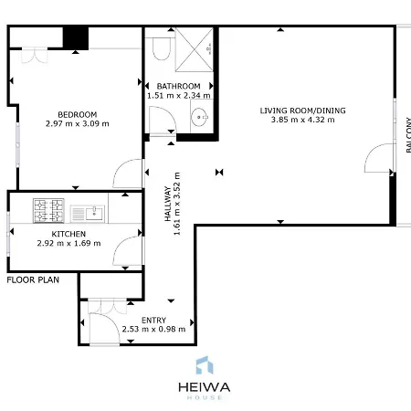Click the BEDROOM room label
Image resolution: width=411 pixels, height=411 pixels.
(78, 115)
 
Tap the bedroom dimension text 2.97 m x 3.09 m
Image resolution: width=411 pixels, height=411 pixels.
(78, 123)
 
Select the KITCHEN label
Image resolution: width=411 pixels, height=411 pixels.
(68, 234)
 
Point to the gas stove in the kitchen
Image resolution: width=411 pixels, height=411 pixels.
(48, 211)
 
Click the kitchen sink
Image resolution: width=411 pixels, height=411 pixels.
(88, 214)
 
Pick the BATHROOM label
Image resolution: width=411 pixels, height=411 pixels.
(179, 86)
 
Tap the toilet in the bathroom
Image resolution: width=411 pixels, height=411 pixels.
(161, 48)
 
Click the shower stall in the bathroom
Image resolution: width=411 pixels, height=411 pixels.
(195, 50)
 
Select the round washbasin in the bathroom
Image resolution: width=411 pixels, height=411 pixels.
(199, 117)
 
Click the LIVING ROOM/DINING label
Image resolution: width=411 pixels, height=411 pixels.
(303, 111)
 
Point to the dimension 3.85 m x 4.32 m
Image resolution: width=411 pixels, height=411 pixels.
(303, 120)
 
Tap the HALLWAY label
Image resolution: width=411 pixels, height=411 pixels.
(168, 204)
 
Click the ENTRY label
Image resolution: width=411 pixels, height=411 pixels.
(153, 321)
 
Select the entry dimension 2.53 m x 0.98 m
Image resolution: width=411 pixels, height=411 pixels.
(153, 329)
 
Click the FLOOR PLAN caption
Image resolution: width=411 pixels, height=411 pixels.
(33, 280)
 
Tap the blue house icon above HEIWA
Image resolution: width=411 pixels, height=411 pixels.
(205, 365)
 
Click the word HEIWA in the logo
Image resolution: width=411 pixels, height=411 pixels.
(205, 387)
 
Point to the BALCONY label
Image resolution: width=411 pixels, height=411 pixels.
(408, 135)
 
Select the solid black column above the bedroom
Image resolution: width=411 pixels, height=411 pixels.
(76, 38)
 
